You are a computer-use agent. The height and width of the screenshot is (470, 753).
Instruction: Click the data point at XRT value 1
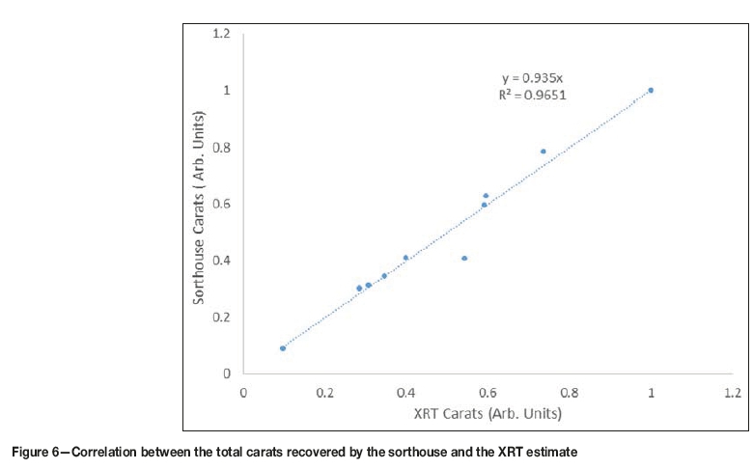(651, 90)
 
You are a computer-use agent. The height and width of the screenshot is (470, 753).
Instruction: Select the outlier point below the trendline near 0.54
(464, 258)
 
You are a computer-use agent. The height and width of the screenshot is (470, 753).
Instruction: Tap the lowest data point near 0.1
(283, 347)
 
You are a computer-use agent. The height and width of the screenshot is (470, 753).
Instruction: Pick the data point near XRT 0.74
(544, 151)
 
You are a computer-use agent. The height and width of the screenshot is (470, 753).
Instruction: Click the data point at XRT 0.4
(405, 258)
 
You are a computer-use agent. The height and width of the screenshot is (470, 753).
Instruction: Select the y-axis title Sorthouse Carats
(199, 207)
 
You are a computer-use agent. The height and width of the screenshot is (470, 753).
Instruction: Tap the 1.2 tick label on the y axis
(221, 34)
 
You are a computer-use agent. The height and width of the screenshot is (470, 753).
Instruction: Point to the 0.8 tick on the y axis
(221, 147)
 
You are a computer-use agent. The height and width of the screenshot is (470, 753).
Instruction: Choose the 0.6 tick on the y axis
(221, 204)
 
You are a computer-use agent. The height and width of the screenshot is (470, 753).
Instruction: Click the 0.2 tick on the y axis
(221, 317)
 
